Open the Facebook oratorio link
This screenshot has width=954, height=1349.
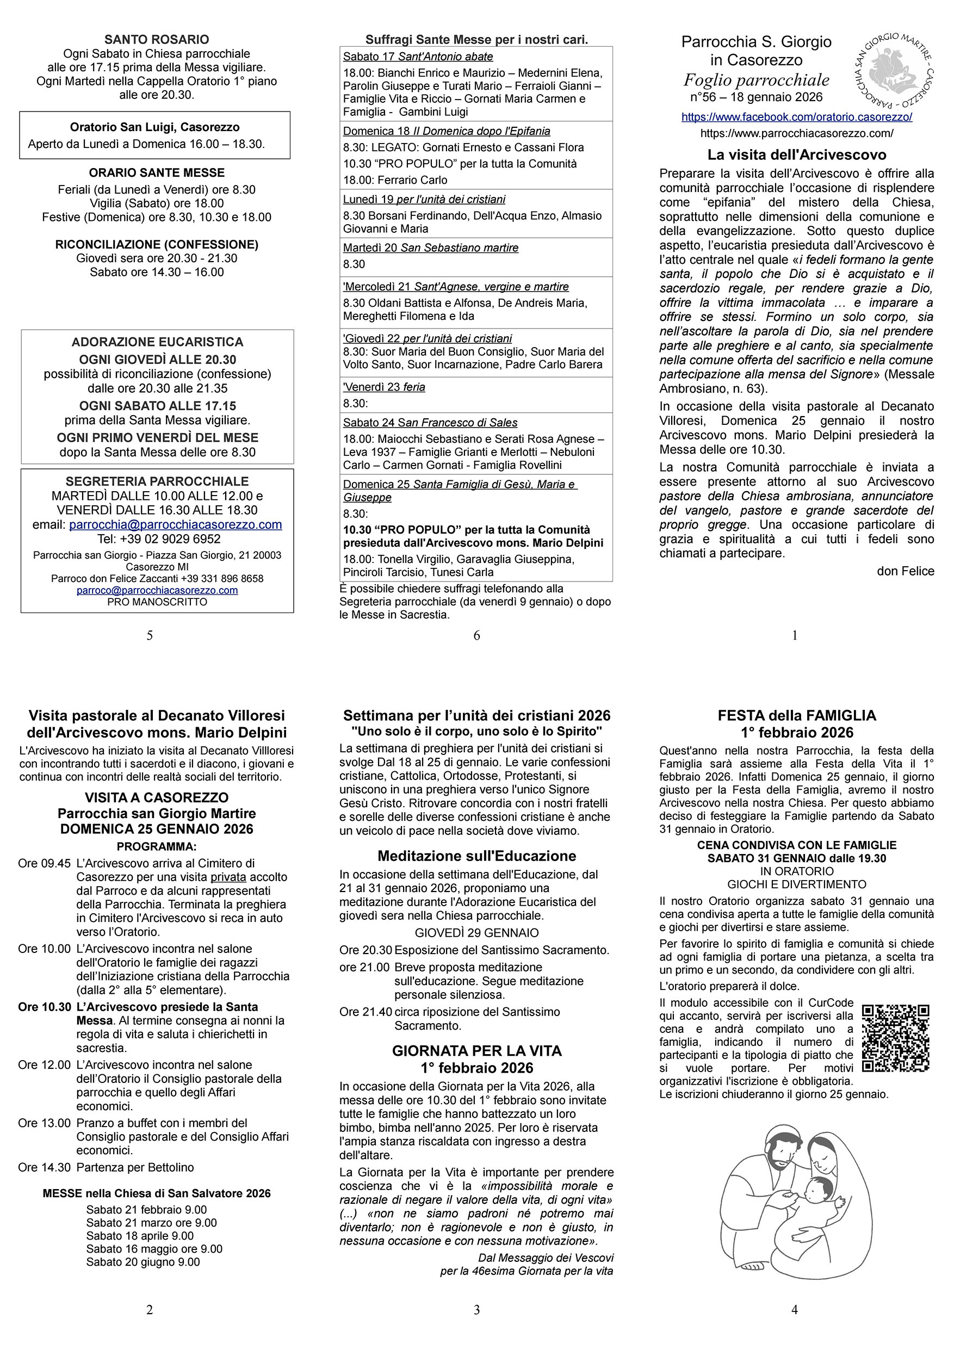(797, 117)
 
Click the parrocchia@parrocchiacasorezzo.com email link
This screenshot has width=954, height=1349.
(175, 525)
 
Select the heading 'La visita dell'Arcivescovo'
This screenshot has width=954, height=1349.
(797, 154)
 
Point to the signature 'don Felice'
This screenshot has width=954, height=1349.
(905, 571)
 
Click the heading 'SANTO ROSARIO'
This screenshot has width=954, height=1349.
(156, 39)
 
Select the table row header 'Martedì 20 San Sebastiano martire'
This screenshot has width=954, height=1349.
(431, 248)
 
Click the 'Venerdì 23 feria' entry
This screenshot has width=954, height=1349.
(385, 387)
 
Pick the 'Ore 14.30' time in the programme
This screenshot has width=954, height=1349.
(44, 1167)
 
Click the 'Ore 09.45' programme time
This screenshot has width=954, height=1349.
(44, 863)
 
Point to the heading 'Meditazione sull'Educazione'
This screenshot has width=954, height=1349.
(476, 856)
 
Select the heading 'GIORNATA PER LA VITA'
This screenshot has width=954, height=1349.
(476, 1051)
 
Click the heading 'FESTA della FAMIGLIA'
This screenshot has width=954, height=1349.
(797, 715)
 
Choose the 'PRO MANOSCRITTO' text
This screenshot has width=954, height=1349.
(157, 602)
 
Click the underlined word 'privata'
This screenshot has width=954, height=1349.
(228, 877)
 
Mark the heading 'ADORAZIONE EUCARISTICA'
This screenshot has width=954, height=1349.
(157, 342)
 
